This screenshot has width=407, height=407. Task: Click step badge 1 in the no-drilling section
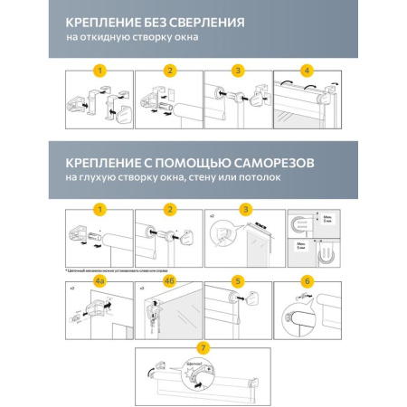99,71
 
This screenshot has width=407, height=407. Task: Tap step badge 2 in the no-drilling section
168,71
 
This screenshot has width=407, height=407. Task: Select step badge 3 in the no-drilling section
237,71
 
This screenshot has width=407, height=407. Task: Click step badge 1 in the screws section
99,210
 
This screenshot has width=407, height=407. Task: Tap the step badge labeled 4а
99,281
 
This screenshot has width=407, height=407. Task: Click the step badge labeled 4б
168,281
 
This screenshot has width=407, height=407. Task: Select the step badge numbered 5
237,281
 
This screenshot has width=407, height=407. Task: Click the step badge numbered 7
203,348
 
